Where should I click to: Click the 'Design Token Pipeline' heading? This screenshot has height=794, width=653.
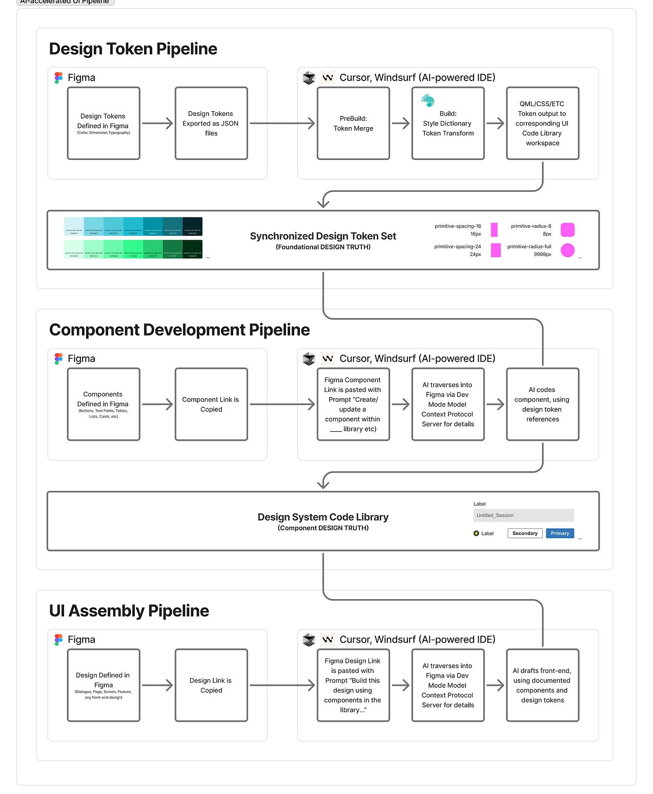click(x=133, y=49)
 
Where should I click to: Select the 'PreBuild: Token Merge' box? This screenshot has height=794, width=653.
click(x=353, y=123)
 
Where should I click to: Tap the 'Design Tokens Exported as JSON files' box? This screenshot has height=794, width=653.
click(x=211, y=123)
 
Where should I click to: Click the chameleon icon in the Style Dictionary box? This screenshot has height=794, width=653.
click(x=427, y=101)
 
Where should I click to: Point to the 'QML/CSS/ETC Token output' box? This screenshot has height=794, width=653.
click(x=542, y=123)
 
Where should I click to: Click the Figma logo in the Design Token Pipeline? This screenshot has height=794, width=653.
click(x=58, y=77)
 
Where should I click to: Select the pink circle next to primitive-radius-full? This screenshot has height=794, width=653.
click(x=567, y=250)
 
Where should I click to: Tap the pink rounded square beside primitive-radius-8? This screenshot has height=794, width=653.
click(x=567, y=229)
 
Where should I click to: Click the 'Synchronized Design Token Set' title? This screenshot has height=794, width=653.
click(x=323, y=236)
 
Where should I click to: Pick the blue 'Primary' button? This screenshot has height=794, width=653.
click(x=560, y=533)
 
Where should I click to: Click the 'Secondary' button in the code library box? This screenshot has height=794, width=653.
click(x=525, y=533)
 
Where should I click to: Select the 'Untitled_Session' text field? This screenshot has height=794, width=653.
click(x=523, y=515)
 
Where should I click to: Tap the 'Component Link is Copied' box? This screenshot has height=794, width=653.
click(x=211, y=404)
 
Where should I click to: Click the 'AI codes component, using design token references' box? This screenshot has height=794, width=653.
click(x=542, y=404)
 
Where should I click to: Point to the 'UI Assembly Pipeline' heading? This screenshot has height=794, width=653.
click(x=129, y=611)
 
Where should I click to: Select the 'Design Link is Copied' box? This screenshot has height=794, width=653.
click(x=211, y=685)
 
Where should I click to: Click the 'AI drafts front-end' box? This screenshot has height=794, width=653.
click(x=542, y=685)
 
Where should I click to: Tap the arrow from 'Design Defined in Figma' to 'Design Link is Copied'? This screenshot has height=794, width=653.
click(x=157, y=685)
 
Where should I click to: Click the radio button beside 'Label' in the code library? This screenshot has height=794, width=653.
click(x=476, y=533)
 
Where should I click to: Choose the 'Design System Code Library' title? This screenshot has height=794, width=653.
click(x=323, y=517)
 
